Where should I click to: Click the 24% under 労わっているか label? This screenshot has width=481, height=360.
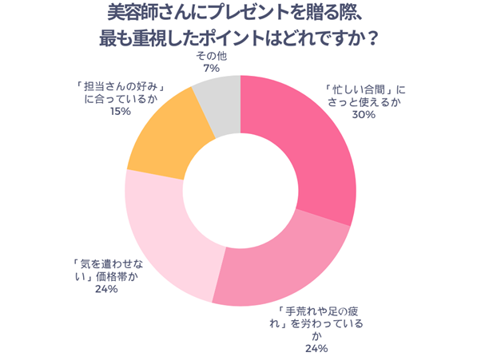[x=316, y=349]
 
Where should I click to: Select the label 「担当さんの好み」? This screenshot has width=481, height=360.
[x=121, y=84]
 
